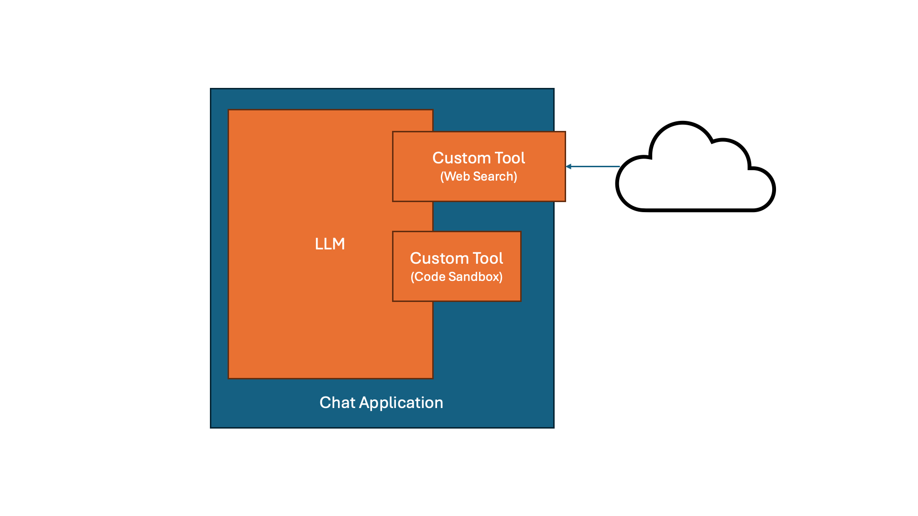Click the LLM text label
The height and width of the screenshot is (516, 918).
pyautogui.click(x=329, y=244)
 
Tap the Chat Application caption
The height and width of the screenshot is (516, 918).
pyautogui.click(x=381, y=402)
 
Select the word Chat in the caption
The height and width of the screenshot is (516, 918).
pyautogui.click(x=337, y=402)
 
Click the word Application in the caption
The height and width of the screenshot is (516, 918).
pyautogui.click(x=401, y=403)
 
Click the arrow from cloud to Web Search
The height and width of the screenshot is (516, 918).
pyautogui.click(x=593, y=166)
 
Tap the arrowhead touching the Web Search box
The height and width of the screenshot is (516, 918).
pyautogui.click(x=568, y=166)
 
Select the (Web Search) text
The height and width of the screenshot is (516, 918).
pyautogui.click(x=479, y=176)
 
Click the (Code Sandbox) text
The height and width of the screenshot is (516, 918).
pyautogui.click(x=457, y=277)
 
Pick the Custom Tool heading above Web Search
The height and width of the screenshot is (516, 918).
pyautogui.click(x=479, y=158)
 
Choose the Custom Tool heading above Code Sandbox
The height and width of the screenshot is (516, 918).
pyautogui.click(x=457, y=258)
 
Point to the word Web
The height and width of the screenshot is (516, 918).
pyautogui.click(x=457, y=176)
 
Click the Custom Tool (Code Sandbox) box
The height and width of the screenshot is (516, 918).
pyautogui.click(x=457, y=291)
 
